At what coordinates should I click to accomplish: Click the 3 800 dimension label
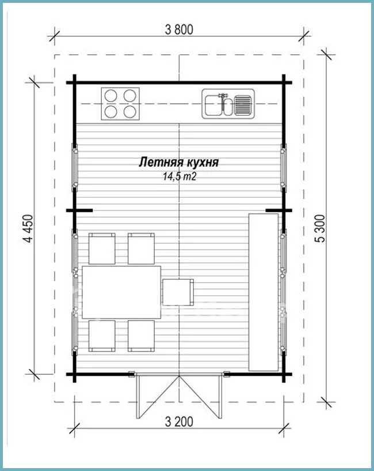tap(179, 30)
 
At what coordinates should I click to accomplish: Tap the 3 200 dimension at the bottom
tap(179, 422)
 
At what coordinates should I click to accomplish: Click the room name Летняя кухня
tap(178, 162)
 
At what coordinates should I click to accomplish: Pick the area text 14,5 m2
tap(180, 176)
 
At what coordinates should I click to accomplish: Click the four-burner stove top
tap(120, 104)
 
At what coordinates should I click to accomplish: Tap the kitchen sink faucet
tap(223, 96)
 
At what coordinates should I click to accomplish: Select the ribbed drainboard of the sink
tap(243, 105)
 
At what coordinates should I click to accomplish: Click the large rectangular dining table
tap(121, 292)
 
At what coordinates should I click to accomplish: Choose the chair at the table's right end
tap(178, 292)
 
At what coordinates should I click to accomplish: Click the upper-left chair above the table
tap(102, 248)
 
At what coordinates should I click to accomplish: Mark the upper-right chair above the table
tap(142, 248)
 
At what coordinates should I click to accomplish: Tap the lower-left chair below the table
tap(102, 336)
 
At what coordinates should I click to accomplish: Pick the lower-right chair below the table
tap(142, 336)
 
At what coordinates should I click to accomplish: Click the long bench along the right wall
tap(264, 292)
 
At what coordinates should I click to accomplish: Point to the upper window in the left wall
tap(74, 167)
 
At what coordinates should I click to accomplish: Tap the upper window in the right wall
tap(284, 167)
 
